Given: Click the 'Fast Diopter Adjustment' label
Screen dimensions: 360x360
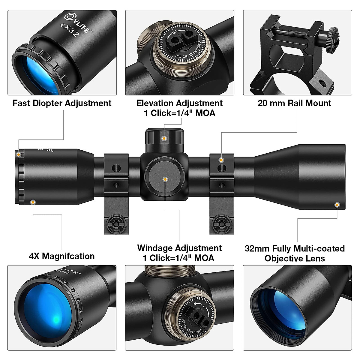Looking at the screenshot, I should pyautogui.click(x=62, y=103).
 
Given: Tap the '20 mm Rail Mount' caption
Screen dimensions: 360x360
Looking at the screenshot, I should pyautogui.click(x=294, y=103).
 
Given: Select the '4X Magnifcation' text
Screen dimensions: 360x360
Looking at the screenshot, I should pyautogui.click(x=62, y=256).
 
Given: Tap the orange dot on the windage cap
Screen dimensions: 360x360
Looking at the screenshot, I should pyautogui.click(x=165, y=179).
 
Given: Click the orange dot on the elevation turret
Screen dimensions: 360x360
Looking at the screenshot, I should pyautogui.click(x=164, y=138).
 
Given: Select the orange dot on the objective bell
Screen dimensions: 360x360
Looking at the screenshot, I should pyautogui.click(x=337, y=205).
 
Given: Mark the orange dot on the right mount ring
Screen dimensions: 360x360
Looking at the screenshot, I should pyautogui.click(x=221, y=160).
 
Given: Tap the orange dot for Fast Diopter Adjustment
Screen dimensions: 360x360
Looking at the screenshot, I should pyautogui.click(x=19, y=155).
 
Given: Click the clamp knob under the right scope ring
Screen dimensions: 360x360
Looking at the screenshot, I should pyautogui.click(x=221, y=223).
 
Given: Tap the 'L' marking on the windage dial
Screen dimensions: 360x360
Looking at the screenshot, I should pyautogui.click(x=204, y=306).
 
